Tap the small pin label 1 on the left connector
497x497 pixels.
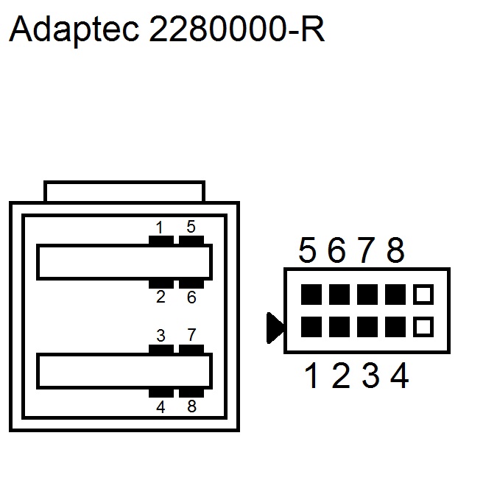click(x=160, y=227)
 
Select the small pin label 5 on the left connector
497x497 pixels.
click(x=191, y=227)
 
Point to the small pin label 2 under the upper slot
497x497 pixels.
click(x=161, y=297)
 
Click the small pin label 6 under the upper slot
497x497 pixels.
click(x=191, y=297)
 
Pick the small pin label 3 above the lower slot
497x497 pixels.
click(x=161, y=336)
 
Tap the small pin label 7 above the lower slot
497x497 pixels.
click(x=191, y=336)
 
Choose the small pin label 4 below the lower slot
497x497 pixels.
click(x=161, y=406)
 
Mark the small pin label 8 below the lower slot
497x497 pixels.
click(x=191, y=406)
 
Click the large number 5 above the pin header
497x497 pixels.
click(x=307, y=252)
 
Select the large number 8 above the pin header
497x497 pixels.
click(x=395, y=252)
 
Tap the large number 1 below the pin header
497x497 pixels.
click(x=311, y=377)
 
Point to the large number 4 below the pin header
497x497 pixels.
click(x=399, y=377)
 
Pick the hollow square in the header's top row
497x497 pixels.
click(x=423, y=295)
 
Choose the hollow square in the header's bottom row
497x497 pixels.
click(x=423, y=325)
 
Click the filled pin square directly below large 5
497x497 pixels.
click(x=311, y=295)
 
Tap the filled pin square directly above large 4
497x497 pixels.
click(x=395, y=325)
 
